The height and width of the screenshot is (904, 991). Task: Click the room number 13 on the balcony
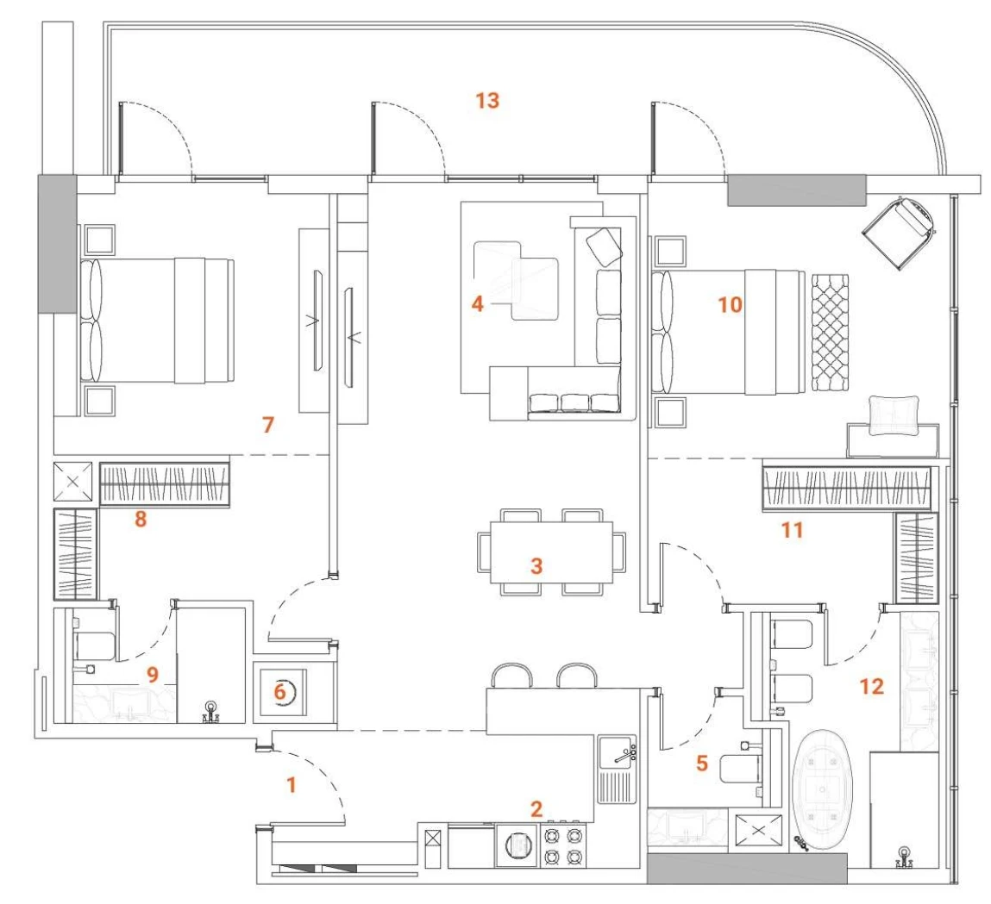pyautogui.click(x=487, y=100)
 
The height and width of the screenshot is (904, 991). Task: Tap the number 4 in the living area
pyautogui.click(x=477, y=304)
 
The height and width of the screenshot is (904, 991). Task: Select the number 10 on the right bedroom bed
pyautogui.click(x=730, y=305)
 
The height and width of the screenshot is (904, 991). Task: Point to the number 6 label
pyautogui.click(x=279, y=692)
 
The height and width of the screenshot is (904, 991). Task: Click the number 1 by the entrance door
pyautogui.click(x=292, y=785)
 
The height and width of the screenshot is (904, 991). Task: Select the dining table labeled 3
pyautogui.click(x=551, y=552)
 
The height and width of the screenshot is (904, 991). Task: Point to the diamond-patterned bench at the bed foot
pyautogui.click(x=830, y=332)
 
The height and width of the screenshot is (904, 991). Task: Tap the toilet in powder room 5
pyautogui.click(x=741, y=769)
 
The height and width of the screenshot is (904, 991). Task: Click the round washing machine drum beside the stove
pyautogui.click(x=517, y=845)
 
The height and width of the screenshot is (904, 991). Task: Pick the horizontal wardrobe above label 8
pyautogui.click(x=165, y=484)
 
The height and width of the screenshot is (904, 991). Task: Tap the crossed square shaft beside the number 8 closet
pyautogui.click(x=72, y=482)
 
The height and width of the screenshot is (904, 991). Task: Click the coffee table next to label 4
pyautogui.click(x=516, y=280)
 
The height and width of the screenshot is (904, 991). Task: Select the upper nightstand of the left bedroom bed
pyautogui.click(x=100, y=240)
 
